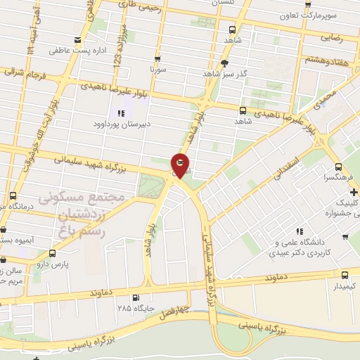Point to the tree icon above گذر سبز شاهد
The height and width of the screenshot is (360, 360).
point(224,63)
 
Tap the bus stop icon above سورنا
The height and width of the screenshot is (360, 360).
point(157,59)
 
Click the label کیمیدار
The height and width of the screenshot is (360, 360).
point(344,287)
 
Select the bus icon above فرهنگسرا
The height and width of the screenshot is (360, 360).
point(339,167)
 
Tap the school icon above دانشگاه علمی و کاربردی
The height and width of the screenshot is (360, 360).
point(300,231)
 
